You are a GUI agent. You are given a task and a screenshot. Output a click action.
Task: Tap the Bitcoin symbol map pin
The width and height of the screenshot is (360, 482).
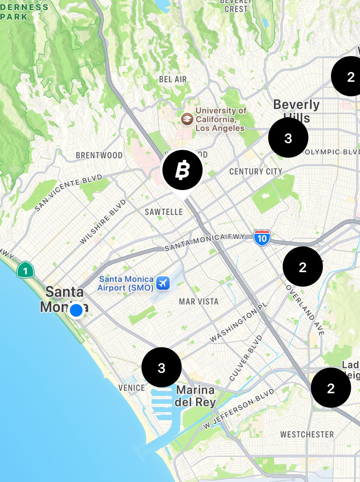tap(182, 170)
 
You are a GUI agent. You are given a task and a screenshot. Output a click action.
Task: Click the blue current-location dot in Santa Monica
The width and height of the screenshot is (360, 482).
tap(76, 310)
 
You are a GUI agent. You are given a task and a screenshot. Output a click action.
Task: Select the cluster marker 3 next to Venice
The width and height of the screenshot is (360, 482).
tap(162, 368)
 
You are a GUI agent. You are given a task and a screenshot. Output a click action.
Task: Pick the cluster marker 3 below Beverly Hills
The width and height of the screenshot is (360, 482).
tap(288, 138)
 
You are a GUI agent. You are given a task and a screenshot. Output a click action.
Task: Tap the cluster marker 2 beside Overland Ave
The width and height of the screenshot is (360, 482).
tap(303, 267)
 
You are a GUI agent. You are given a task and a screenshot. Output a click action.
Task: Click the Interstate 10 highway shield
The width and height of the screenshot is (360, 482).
tap(262, 237)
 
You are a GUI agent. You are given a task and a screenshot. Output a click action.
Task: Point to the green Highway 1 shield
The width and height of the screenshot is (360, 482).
tap(25, 270)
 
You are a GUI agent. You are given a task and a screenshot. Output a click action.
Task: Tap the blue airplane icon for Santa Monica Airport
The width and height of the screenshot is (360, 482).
tap(163, 283)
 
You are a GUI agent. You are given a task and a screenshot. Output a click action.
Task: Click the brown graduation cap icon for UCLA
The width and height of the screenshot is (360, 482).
tap(186, 118)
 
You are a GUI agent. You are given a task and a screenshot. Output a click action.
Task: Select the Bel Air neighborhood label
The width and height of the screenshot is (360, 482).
tap(173, 80)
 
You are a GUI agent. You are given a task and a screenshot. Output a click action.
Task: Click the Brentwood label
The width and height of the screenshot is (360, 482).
tap(99, 155)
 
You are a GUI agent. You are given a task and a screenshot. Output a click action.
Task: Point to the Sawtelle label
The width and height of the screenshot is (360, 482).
tap(164, 212)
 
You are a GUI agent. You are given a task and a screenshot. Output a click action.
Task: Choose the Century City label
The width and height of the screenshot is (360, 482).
tap(256, 172)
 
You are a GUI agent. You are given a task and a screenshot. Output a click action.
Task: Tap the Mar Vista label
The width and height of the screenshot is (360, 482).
tap(199, 301)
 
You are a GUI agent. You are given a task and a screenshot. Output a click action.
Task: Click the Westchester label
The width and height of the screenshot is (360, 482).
tap(307, 434)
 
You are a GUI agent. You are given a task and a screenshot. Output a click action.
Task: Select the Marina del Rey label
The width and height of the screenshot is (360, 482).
tap(196, 396)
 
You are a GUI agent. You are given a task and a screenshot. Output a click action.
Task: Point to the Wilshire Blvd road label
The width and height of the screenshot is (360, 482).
tap(103, 221)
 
